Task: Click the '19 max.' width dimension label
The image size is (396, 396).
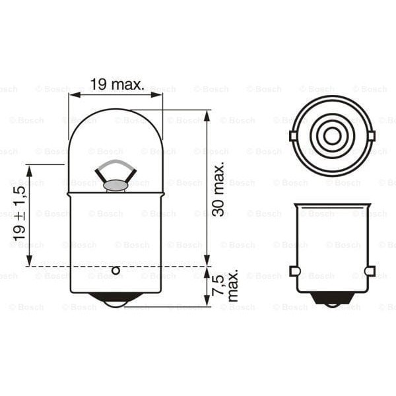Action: click(117, 84)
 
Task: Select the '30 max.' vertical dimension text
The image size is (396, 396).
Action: click(218, 191)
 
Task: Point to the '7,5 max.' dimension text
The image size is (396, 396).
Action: click(225, 284)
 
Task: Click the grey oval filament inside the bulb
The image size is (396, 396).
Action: click(115, 185)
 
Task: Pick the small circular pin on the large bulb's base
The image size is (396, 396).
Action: click(115, 270)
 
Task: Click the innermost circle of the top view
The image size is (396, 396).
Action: click(332, 136)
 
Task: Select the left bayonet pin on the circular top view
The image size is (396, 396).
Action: click(293, 136)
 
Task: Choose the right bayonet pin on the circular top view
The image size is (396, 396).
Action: click(371, 136)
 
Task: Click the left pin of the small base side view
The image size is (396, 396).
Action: click(294, 271)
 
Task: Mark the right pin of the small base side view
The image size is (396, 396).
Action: click(370, 271)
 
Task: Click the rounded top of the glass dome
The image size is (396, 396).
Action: click(115, 110)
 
